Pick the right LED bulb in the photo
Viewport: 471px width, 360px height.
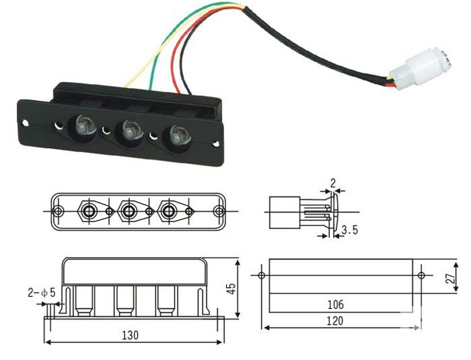pyautogui.click(x=178, y=135)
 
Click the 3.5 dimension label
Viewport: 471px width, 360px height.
pyautogui.click(x=349, y=231)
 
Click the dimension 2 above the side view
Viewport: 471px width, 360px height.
pyautogui.click(x=332, y=182)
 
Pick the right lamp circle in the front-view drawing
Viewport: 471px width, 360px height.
pyautogui.click(x=168, y=211)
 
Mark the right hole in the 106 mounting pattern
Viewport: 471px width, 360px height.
pyautogui.click(x=421, y=275)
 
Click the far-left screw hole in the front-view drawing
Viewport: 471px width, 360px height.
pyautogui.click(x=59, y=211)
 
